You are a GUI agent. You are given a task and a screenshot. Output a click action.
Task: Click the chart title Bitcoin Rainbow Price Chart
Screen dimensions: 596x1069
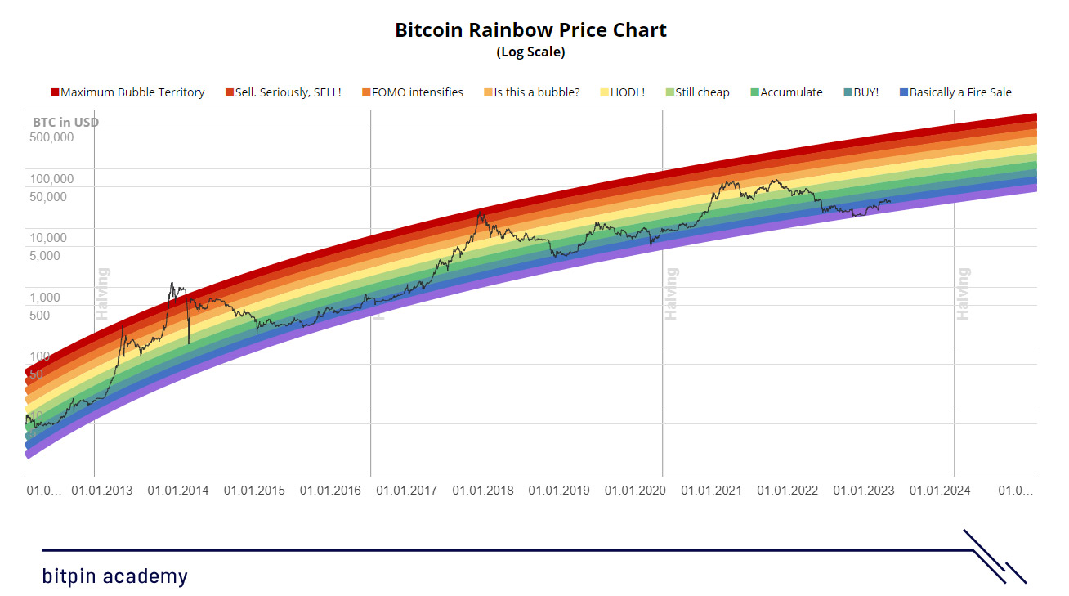(530, 30)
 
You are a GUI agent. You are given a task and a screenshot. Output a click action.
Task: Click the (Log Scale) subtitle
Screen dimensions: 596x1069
(530, 52)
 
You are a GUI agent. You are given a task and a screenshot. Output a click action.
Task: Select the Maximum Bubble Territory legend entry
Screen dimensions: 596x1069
(128, 92)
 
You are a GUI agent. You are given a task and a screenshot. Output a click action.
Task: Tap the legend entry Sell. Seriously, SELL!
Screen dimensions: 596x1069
(284, 92)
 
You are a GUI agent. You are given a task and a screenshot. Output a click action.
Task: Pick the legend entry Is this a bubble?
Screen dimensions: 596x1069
(532, 92)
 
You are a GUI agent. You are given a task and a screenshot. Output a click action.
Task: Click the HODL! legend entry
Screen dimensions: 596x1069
(623, 92)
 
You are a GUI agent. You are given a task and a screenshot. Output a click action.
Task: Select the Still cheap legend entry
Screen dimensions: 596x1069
(697, 92)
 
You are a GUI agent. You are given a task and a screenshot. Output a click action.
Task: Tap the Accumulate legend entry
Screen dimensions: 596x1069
(786, 92)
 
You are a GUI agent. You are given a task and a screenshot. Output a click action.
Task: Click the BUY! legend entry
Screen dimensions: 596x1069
(861, 92)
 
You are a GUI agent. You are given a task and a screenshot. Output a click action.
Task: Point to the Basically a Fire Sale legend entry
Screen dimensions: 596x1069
(955, 92)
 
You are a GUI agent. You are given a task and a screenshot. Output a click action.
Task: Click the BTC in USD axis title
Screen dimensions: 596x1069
(65, 122)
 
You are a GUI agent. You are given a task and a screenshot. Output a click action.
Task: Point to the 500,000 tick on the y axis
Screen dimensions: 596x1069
(52, 137)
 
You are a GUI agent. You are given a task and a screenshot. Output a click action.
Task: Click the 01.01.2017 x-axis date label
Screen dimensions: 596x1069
(406, 491)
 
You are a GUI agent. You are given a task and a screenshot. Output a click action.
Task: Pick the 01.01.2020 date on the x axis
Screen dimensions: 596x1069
(635, 491)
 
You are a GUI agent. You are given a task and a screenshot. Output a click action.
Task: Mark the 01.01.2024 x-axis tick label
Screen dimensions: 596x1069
(940, 491)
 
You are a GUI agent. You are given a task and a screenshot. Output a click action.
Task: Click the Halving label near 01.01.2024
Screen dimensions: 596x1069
(964, 294)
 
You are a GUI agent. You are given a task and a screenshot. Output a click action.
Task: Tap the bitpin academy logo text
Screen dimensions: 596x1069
(114, 576)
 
